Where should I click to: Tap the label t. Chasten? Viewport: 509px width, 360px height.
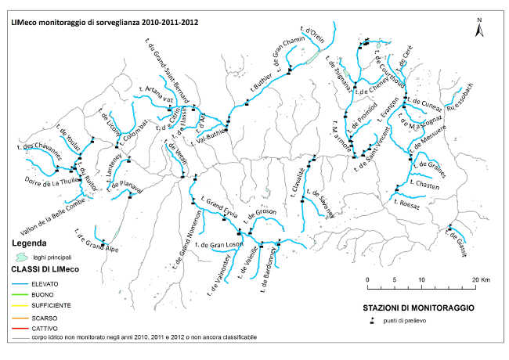tap(424, 185)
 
